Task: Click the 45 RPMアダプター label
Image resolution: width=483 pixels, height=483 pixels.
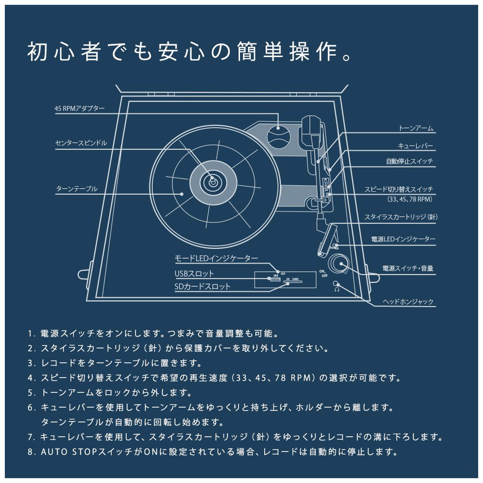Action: pyautogui.click(x=79, y=109)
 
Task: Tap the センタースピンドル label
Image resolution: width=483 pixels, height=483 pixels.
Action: pyautogui.click(x=81, y=143)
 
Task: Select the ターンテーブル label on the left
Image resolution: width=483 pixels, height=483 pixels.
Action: pyautogui.click(x=77, y=189)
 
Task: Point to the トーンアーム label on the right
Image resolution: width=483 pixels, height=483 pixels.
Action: pyautogui.click(x=416, y=128)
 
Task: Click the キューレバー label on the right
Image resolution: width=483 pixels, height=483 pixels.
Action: pyautogui.click(x=415, y=145)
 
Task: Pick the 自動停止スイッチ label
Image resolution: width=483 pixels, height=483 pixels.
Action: pyautogui.click(x=410, y=161)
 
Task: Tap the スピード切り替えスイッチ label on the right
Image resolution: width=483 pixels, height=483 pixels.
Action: pyautogui.click(x=399, y=189)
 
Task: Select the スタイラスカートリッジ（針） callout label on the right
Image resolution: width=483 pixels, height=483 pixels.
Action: pyautogui.click(x=401, y=217)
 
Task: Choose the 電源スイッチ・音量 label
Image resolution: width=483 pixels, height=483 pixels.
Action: pyautogui.click(x=408, y=269)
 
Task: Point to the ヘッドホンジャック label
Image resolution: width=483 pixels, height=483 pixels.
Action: pyautogui.click(x=408, y=302)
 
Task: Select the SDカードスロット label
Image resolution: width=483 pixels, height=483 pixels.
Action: pyautogui.click(x=202, y=286)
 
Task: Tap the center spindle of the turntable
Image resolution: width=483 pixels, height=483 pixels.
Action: pyautogui.click(x=212, y=182)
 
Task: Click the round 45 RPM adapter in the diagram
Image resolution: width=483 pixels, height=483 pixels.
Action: pyautogui.click(x=280, y=136)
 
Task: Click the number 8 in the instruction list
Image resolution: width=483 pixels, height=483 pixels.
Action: pyautogui.click(x=30, y=453)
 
